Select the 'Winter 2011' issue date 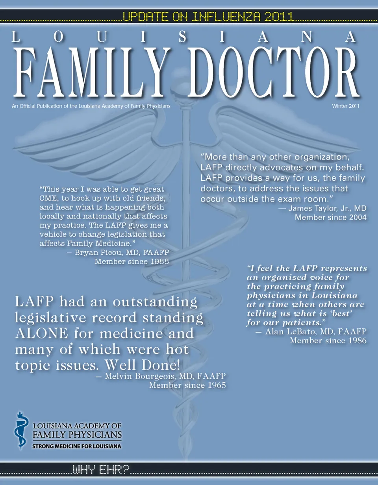tap(346, 106)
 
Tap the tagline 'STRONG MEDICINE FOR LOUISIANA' tap(76, 447)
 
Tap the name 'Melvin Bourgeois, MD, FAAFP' tap(166, 376)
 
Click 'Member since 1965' tap(187, 385)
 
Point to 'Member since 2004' tap(331, 217)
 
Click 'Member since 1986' tap(328, 341)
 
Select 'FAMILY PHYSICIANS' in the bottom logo tap(77, 435)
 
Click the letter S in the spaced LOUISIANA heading tap(182, 37)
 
